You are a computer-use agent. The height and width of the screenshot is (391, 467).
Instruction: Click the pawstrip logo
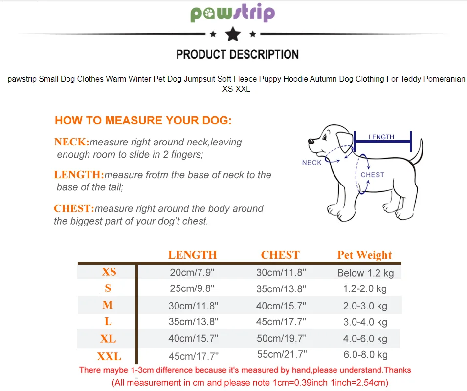point(233,13)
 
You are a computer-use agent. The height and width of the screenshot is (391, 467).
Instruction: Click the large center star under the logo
point(233,34)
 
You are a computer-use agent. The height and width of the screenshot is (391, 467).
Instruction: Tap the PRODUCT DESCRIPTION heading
point(237,54)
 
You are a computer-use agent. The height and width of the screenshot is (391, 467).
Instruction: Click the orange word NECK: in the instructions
point(72,142)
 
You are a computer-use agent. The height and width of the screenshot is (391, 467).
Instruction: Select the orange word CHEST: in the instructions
point(74,208)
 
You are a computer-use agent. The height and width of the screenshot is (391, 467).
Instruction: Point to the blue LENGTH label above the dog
point(381,137)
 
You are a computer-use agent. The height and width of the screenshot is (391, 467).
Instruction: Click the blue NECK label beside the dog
point(312,163)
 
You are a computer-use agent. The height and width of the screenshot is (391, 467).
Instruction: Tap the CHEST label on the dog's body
point(373,175)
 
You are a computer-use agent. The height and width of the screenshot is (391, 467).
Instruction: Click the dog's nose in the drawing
point(311,141)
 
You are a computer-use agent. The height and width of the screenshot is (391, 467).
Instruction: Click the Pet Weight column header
point(364,255)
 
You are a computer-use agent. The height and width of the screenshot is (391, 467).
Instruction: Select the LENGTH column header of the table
point(193,255)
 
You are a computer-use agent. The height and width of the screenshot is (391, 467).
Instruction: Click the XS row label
point(109,272)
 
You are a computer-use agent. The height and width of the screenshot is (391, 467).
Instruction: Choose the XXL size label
point(109,356)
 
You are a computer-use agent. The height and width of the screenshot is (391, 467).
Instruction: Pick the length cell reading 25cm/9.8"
point(192,288)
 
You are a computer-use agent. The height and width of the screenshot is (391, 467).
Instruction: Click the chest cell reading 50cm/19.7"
point(282,338)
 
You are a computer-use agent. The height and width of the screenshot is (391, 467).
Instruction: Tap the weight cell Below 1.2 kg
point(365,273)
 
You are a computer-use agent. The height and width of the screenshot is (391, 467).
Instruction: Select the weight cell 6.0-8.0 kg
point(365,355)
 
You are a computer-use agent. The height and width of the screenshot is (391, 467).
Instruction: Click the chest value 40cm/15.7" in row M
point(281,306)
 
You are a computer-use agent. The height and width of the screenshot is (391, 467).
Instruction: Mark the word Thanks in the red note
point(397,370)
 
